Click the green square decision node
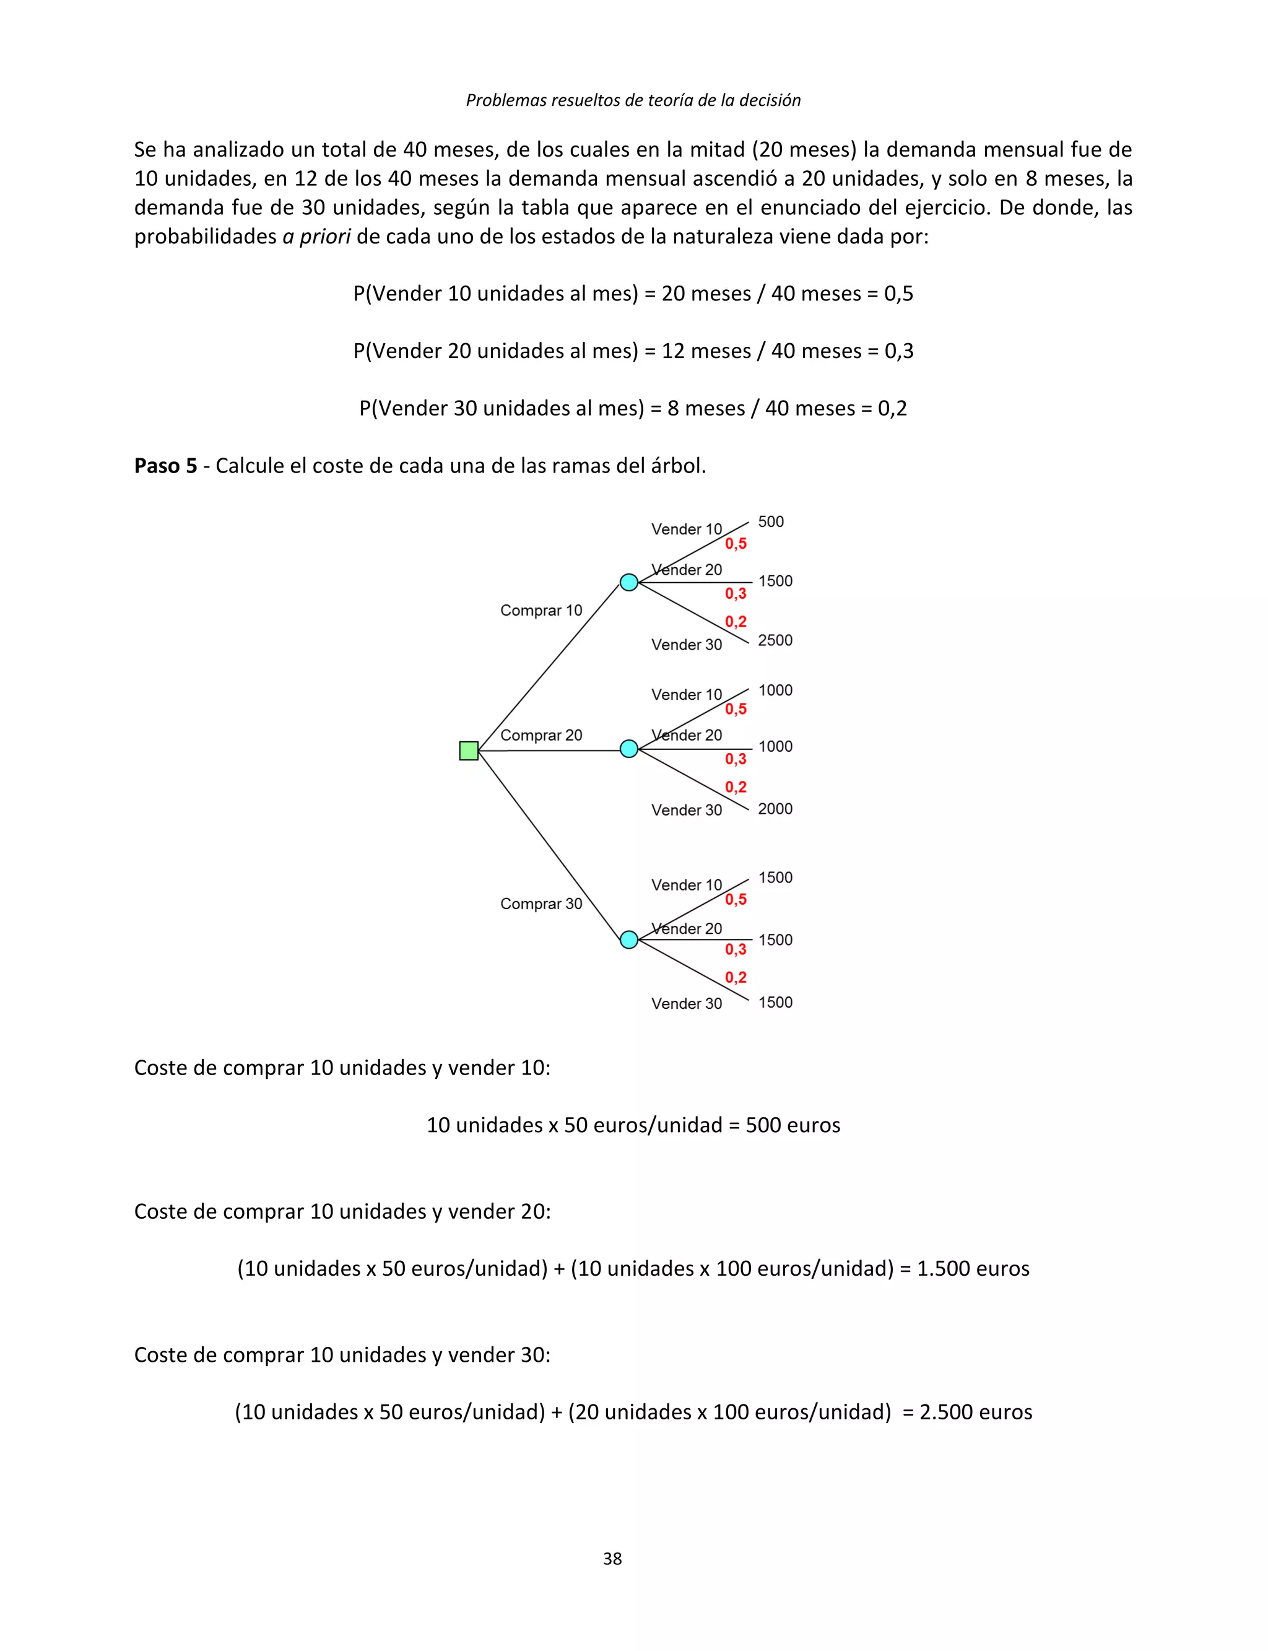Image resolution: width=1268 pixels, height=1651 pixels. pyautogui.click(x=469, y=751)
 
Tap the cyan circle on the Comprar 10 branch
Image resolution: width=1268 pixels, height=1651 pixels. pyautogui.click(x=628, y=582)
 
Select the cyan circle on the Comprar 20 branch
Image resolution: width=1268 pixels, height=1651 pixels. pyautogui.click(x=628, y=749)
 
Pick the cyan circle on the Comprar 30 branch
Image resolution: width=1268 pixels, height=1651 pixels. pyautogui.click(x=628, y=940)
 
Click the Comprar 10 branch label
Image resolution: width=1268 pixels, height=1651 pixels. pyautogui.click(x=541, y=610)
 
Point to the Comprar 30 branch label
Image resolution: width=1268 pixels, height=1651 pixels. pyautogui.click(x=541, y=904)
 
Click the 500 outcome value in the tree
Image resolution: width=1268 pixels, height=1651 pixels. pyautogui.click(x=771, y=521)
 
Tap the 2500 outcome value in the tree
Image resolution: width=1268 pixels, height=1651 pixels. pyautogui.click(x=775, y=640)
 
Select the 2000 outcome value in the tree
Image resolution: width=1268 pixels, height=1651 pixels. pyautogui.click(x=775, y=809)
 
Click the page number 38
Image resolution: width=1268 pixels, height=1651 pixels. pyautogui.click(x=612, y=1558)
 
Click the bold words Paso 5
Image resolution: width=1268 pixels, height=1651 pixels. pyautogui.click(x=165, y=466)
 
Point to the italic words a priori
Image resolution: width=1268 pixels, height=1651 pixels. pyautogui.click(x=316, y=237)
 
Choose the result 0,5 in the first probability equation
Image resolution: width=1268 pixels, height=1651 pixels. pyautogui.click(x=898, y=294)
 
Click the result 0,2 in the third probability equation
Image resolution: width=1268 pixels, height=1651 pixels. pyautogui.click(x=892, y=408)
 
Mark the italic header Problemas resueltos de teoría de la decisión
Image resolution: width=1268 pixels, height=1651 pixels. pyautogui.click(x=633, y=100)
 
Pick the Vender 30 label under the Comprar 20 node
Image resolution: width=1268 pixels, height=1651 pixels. pyautogui.click(x=687, y=810)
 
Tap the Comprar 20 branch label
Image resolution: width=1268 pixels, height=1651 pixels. pyautogui.click(x=541, y=735)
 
